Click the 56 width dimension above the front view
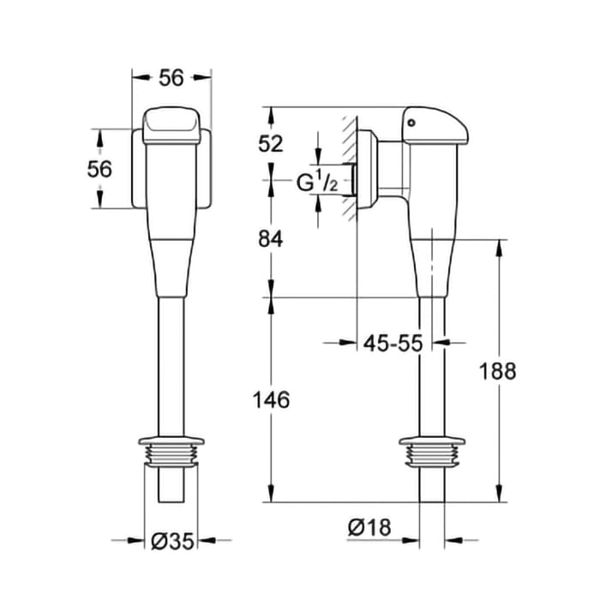[x=171, y=77]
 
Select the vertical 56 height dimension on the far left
[x=99, y=169]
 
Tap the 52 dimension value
[x=271, y=143]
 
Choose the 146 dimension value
[x=271, y=399]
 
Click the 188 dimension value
[x=499, y=370]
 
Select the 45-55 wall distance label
[x=393, y=343]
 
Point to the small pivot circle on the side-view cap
[x=411, y=122]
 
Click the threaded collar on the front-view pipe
[x=171, y=451]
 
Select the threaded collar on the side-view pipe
[x=433, y=451]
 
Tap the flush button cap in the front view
[x=171, y=124]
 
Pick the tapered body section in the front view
[x=171, y=257]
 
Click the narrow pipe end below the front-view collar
[x=171, y=484]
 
